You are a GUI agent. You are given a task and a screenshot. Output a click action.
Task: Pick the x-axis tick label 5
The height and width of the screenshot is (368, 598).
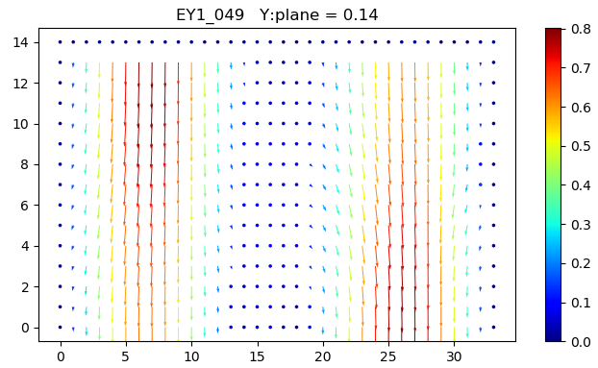pyautogui.click(x=125, y=356)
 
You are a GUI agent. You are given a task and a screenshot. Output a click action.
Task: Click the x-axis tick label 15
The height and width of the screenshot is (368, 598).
pyautogui.click(x=257, y=356)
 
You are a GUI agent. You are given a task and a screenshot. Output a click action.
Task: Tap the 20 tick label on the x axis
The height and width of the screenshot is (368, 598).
pyautogui.click(x=322, y=356)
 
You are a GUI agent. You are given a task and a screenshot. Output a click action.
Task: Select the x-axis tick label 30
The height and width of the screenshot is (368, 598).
pyautogui.click(x=454, y=356)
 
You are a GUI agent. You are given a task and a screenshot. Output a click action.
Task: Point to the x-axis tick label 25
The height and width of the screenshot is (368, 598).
pyautogui.click(x=388, y=356)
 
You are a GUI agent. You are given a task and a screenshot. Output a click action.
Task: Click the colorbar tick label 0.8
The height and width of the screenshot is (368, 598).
pyautogui.click(x=579, y=29)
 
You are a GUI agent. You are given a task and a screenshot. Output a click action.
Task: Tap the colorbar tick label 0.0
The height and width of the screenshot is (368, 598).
pyautogui.click(x=579, y=341)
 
